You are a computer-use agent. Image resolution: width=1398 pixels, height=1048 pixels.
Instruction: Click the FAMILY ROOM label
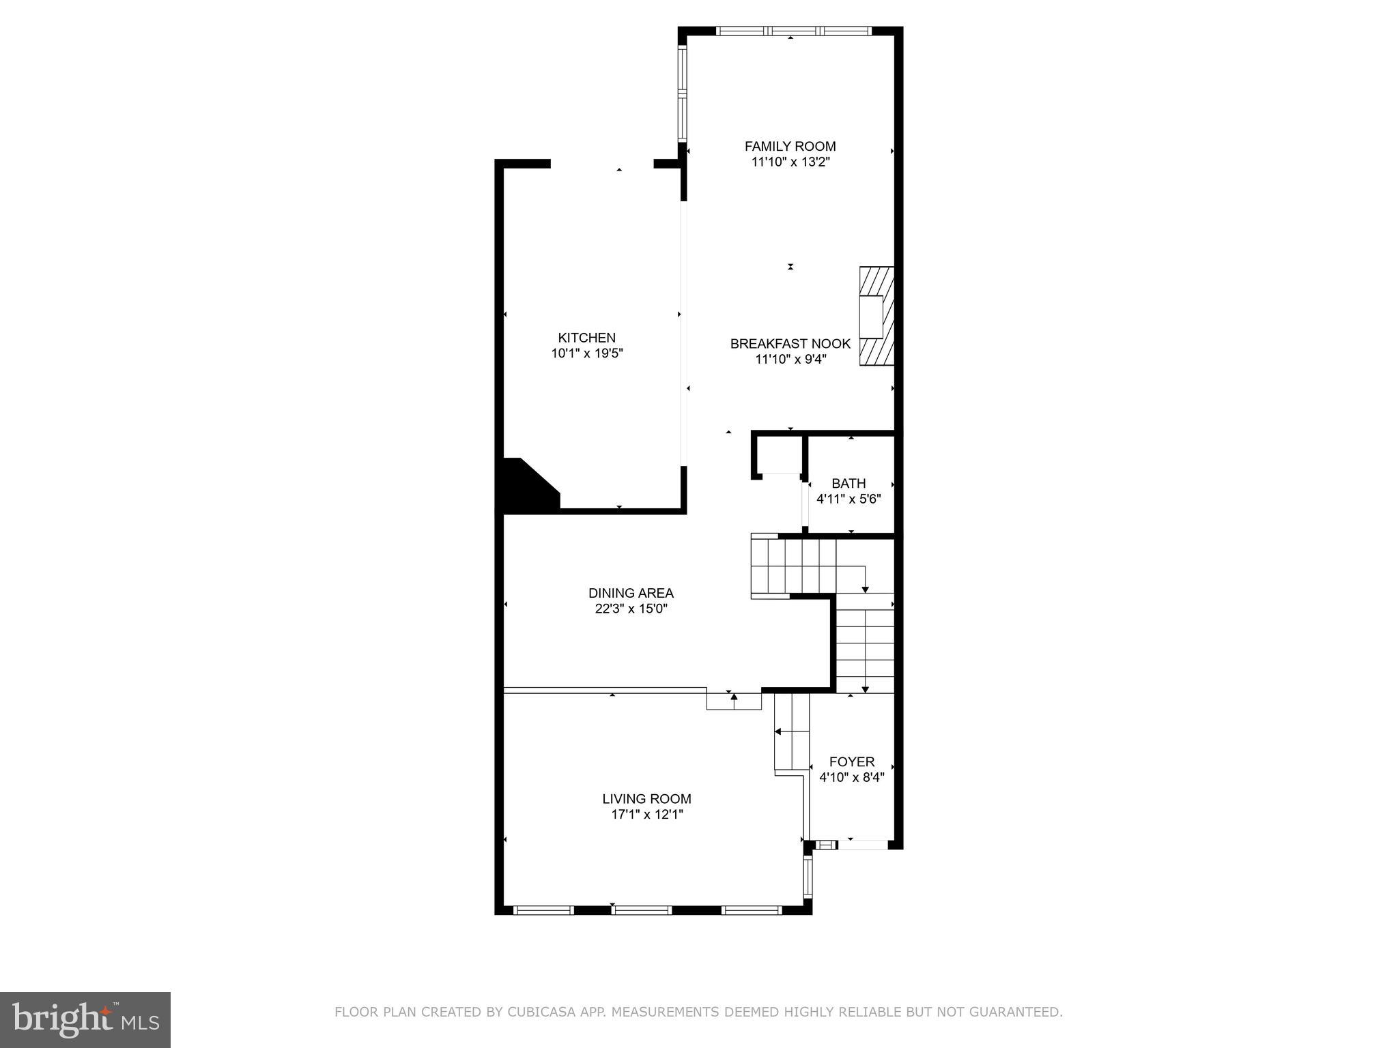790,146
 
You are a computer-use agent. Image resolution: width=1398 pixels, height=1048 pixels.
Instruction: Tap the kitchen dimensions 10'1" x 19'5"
587,353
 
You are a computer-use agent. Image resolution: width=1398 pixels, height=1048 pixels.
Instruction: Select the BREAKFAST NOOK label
790,344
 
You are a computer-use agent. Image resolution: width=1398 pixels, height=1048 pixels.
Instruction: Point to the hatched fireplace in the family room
876,316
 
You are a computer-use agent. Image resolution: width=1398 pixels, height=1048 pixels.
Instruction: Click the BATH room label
848,483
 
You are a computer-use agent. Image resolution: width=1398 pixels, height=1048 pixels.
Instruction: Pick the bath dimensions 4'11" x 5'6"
848,499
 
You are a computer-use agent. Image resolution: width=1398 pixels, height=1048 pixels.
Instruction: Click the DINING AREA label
631,593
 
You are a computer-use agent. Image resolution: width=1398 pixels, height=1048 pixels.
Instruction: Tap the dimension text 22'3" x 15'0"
631,609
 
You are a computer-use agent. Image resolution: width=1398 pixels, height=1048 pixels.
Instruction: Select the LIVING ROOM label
646,798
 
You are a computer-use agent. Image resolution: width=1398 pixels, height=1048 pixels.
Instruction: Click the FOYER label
851,761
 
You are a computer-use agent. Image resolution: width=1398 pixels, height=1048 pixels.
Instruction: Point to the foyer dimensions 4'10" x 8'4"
851,777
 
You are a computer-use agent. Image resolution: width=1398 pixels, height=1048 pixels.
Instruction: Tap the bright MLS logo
85,1020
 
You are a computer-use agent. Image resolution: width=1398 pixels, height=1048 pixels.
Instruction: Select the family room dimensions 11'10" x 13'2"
790,162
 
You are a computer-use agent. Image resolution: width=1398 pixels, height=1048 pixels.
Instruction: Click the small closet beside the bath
779,454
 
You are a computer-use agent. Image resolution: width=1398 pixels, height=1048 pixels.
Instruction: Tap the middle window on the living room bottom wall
641,909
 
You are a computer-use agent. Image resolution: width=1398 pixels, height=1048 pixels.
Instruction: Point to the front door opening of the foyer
863,845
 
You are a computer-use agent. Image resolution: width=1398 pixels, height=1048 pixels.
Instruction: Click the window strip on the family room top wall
793,31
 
